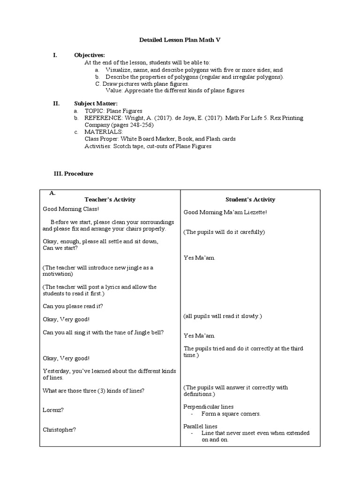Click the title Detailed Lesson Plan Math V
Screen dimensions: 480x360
tap(180, 40)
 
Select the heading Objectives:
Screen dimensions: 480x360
tap(90, 55)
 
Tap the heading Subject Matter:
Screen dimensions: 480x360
tap(96, 103)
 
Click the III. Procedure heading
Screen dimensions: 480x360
tap(74, 173)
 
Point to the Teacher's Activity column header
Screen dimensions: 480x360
tap(110, 199)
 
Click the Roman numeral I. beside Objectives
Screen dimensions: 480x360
tap(55, 55)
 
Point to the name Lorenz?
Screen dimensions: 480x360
tap(53, 410)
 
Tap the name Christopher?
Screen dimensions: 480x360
tap(59, 429)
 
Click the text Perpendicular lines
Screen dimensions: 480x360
tap(208, 407)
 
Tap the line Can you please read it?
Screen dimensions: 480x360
tap(73, 306)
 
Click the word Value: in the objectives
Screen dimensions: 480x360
tap(114, 90)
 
